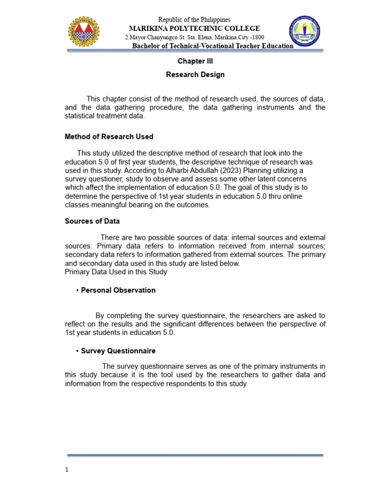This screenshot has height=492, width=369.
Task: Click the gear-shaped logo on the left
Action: click(x=84, y=32)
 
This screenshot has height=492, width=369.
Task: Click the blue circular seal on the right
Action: click(x=304, y=32)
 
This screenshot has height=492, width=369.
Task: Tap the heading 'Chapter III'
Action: click(x=195, y=61)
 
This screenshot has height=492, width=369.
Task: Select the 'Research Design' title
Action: click(x=195, y=75)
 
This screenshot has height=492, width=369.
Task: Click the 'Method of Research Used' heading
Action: click(x=109, y=137)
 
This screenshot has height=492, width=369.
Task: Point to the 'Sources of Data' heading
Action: click(x=92, y=221)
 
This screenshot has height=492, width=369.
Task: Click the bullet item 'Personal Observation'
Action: click(x=118, y=290)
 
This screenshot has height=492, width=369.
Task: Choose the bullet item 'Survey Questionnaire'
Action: click(x=118, y=351)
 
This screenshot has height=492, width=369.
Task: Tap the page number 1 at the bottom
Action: click(x=67, y=470)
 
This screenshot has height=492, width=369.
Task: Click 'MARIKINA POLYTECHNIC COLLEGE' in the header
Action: click(x=194, y=28)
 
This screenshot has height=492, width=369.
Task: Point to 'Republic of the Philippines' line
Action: click(x=194, y=20)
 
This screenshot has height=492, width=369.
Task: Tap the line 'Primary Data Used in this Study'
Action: click(x=116, y=272)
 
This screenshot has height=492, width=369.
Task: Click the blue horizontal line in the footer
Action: click(x=195, y=455)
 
